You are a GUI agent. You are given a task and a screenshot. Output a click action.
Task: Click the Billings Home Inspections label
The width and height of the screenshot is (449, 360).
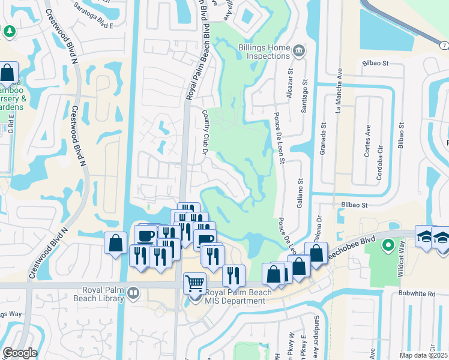tap(264, 52)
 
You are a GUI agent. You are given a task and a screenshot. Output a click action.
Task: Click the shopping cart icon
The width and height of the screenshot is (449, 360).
tap(194, 283)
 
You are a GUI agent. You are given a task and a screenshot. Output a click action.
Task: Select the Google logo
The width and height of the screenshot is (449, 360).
tap(20, 353)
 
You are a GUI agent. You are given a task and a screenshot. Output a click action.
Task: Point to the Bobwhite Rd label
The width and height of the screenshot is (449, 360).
tap(415, 294)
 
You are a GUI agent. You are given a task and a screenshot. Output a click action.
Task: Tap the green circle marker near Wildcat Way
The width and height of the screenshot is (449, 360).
tap(388, 245)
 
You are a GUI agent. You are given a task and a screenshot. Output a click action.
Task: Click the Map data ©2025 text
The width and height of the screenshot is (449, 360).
tap(423, 355)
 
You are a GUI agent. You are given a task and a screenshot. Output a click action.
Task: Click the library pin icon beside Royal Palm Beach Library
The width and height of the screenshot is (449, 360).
tap(133, 294)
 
